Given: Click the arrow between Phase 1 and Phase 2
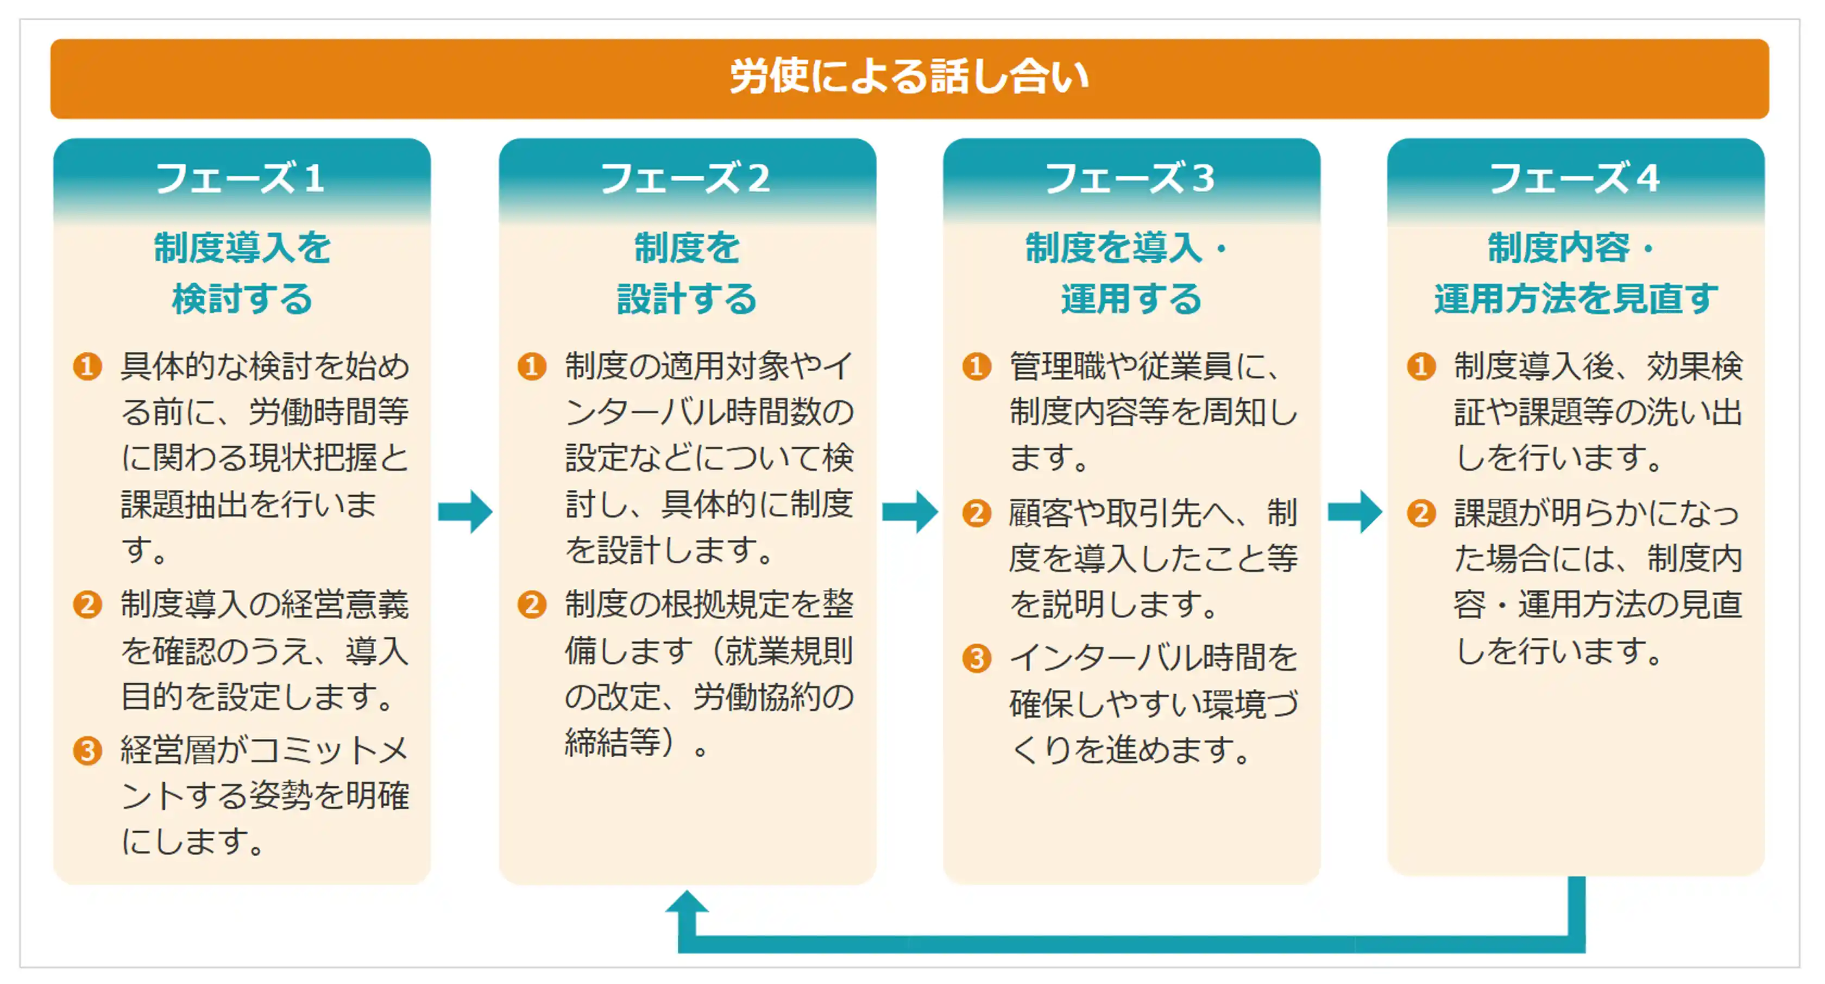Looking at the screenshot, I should [465, 511].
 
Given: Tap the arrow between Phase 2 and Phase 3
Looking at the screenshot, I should [910, 511].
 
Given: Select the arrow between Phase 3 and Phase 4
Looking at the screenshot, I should [1355, 511].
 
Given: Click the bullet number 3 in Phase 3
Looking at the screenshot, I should [976, 658].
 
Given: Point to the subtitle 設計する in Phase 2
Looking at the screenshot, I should [687, 298].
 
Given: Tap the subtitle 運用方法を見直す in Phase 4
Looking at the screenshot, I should [1576, 298].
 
